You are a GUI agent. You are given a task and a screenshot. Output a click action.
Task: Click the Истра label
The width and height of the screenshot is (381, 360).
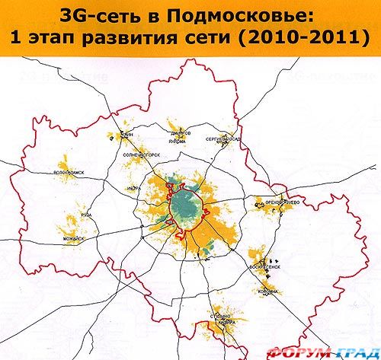point(134,185)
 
